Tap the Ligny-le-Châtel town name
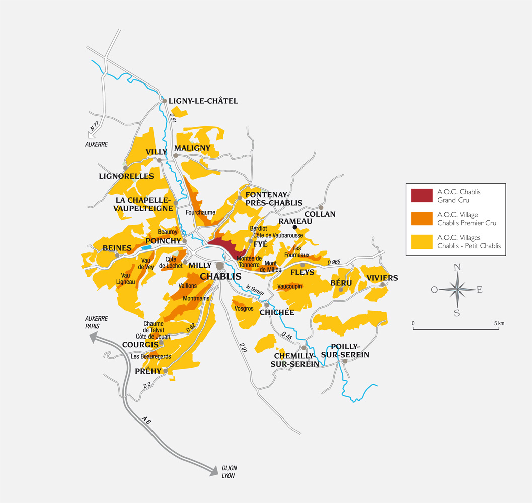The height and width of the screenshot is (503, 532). pyautogui.click(x=203, y=101)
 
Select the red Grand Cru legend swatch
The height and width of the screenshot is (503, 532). pyautogui.click(x=422, y=196)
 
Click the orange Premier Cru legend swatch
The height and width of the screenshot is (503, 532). pyautogui.click(x=422, y=219)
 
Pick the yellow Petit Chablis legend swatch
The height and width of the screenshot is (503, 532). pyautogui.click(x=422, y=242)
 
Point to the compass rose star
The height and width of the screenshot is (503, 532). pyautogui.click(x=457, y=289)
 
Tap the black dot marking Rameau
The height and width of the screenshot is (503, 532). pyautogui.click(x=295, y=227)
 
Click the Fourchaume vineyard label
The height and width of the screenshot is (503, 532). pyautogui.click(x=200, y=213)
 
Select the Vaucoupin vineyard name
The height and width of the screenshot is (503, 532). pyautogui.click(x=290, y=286)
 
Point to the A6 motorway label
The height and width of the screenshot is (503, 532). pyautogui.click(x=146, y=419)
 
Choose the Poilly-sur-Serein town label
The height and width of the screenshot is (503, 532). pyautogui.click(x=350, y=351)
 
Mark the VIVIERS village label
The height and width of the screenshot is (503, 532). pyautogui.click(x=382, y=278)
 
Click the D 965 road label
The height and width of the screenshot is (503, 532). pyautogui.click(x=334, y=262)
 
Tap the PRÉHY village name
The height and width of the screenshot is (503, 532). pyautogui.click(x=148, y=371)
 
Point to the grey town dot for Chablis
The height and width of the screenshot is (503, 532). pyautogui.click(x=220, y=266)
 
